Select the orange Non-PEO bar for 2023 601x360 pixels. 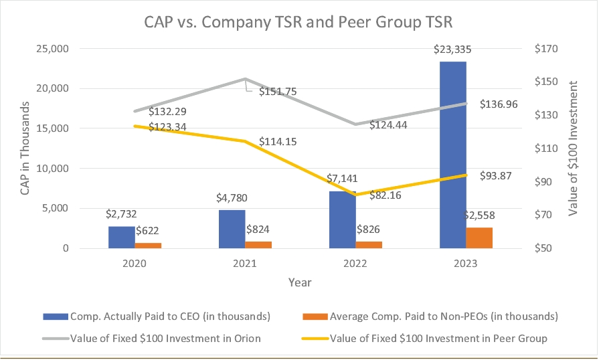[479, 238]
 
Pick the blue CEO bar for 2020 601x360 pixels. [121, 237]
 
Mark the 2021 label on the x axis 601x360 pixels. [245, 264]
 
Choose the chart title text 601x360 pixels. [299, 21]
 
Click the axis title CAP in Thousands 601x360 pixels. [25, 149]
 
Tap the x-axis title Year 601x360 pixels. [300, 282]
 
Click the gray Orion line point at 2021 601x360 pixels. [245, 79]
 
